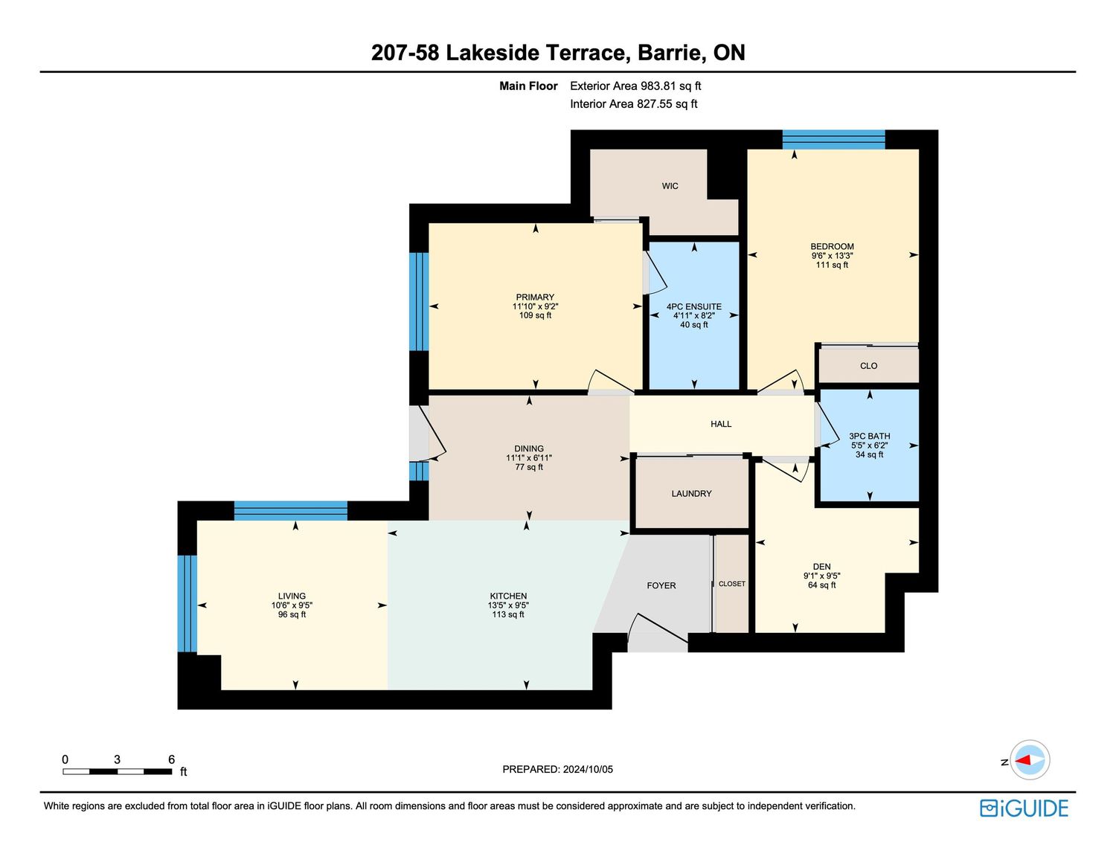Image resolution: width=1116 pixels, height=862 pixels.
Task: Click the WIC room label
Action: (670, 186)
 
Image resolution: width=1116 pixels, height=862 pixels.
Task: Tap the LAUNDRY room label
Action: (691, 493)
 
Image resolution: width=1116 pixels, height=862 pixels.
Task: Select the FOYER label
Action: (661, 585)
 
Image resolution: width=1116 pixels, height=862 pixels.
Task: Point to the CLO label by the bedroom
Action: (868, 365)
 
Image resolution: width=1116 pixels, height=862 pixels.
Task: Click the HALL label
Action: (720, 423)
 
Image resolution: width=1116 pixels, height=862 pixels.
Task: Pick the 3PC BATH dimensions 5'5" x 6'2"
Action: (869, 445)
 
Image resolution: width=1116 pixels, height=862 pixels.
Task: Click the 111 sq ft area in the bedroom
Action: (832, 265)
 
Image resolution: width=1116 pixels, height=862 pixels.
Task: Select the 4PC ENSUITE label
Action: (694, 306)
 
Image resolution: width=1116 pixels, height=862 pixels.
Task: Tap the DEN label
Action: (821, 566)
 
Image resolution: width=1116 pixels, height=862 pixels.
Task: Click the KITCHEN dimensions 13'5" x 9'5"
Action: (508, 605)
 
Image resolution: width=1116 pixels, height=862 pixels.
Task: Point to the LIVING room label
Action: (292, 596)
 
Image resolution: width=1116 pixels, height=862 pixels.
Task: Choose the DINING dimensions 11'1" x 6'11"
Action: (529, 458)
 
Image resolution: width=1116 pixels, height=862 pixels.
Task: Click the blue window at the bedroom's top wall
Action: (833, 140)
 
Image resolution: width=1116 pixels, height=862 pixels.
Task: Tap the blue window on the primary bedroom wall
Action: (419, 301)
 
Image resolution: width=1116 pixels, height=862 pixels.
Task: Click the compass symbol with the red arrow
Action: (1030, 760)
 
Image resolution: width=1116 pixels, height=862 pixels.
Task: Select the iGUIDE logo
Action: (1024, 808)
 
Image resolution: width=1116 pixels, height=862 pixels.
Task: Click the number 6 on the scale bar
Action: (172, 759)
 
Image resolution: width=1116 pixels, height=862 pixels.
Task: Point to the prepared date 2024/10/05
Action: (588, 769)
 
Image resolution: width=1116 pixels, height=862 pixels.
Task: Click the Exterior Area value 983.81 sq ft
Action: (671, 86)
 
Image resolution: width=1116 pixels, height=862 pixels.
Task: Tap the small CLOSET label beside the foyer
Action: (732, 584)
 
